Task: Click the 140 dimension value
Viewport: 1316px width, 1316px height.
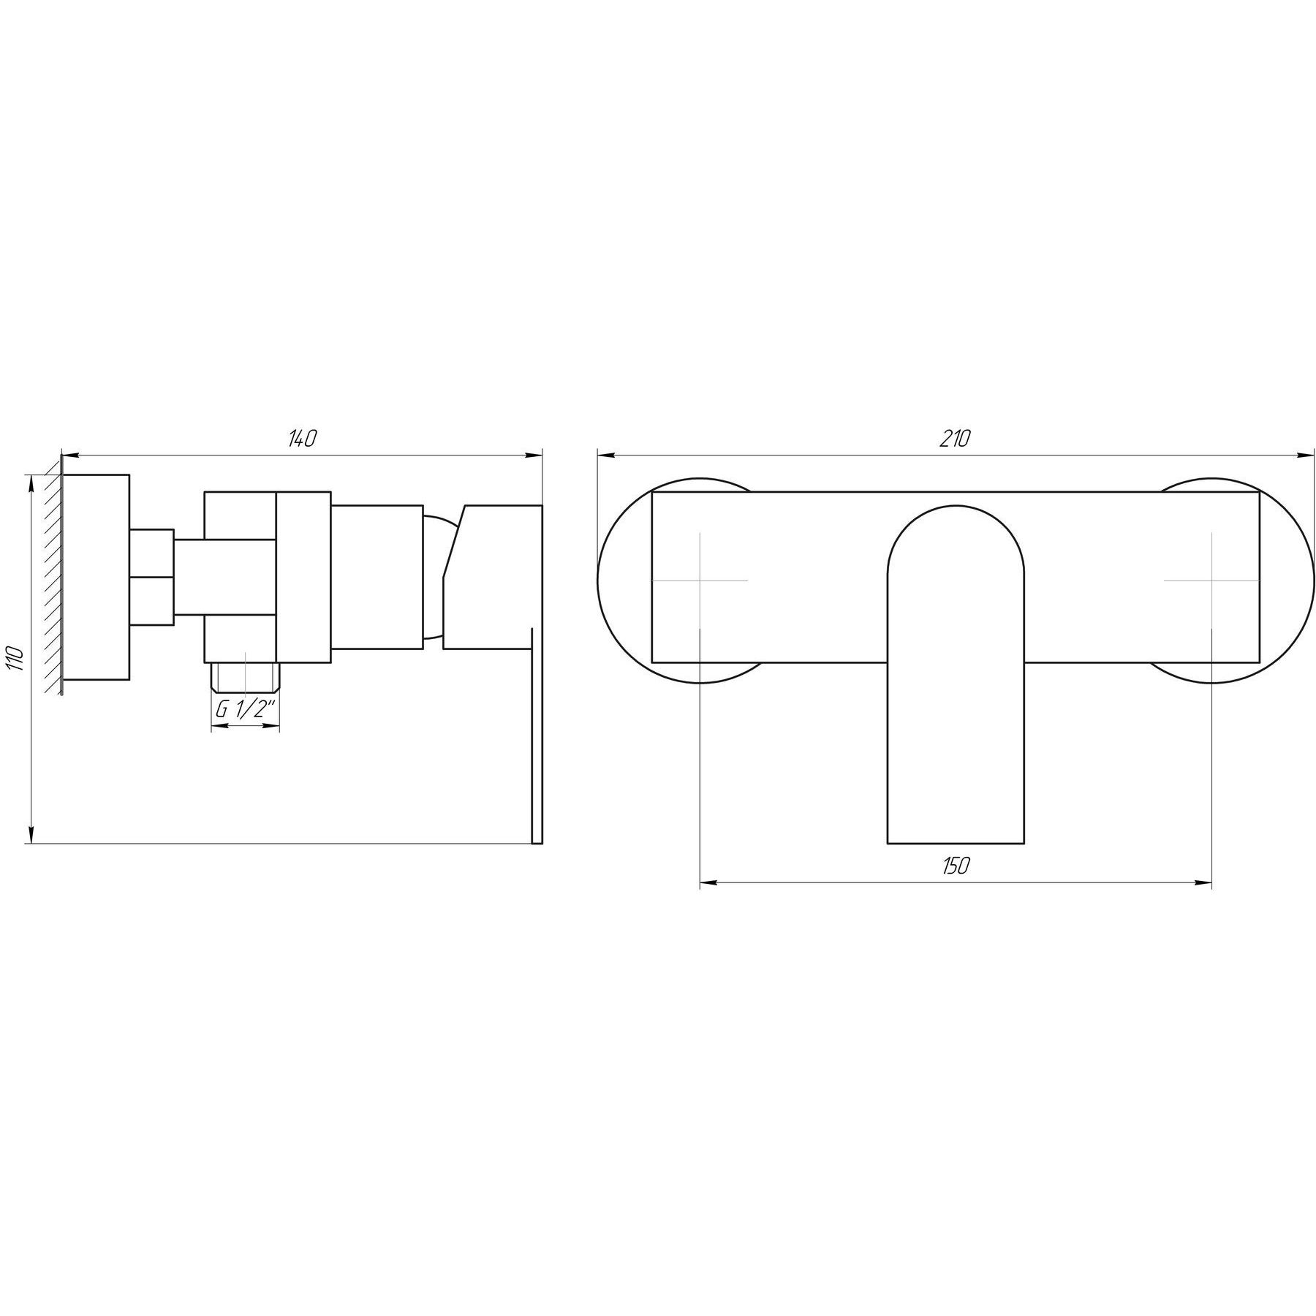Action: pos(301,439)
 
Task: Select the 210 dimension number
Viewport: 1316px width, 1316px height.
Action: pos(956,439)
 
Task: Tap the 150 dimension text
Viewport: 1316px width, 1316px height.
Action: pos(956,866)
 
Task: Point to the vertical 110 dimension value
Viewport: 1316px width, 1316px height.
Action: pos(18,659)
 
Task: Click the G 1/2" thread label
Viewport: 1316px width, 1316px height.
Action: pos(245,709)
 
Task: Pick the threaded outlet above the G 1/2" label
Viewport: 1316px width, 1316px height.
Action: pos(245,678)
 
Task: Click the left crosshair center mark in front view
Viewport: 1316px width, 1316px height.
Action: pos(700,581)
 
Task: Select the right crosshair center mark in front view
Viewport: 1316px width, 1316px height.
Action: pos(1211,581)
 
